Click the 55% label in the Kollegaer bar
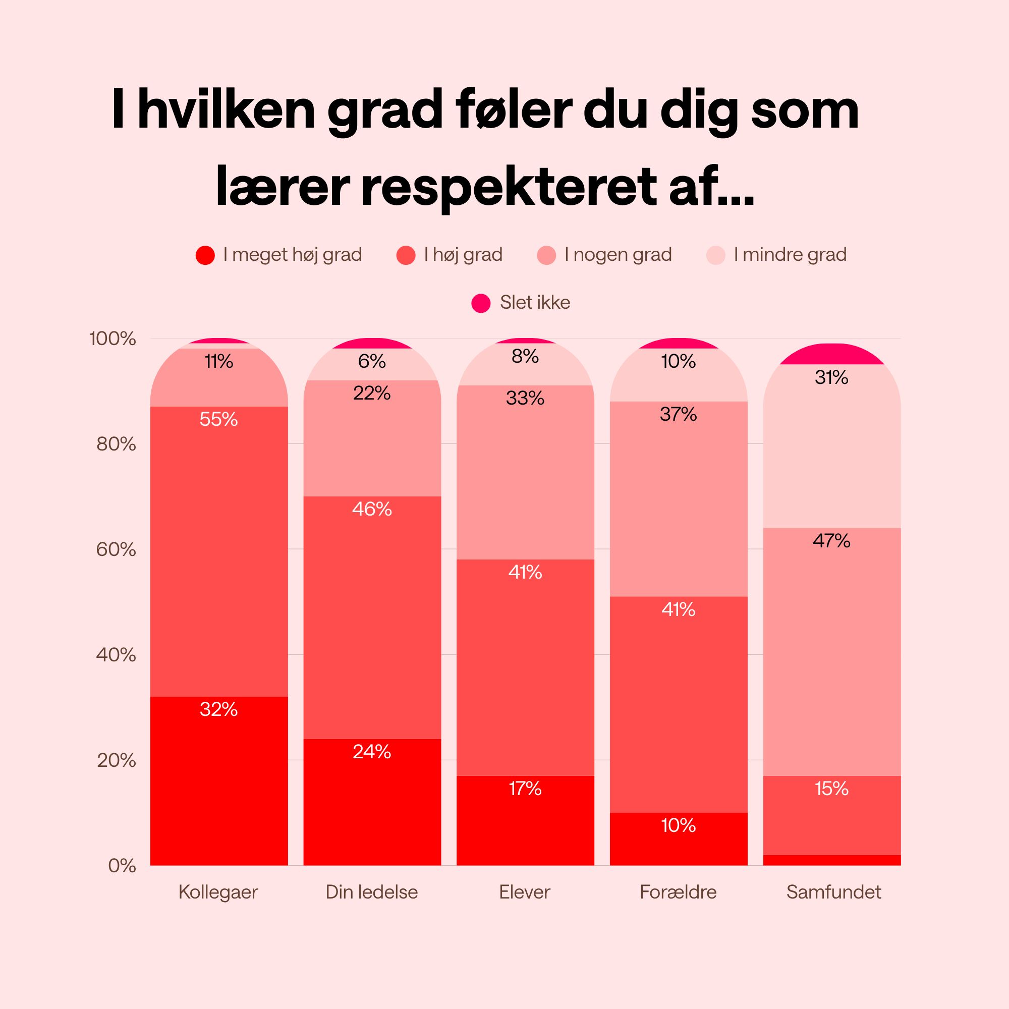coord(218,419)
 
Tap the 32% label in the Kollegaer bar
coord(218,709)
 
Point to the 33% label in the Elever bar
coord(525,399)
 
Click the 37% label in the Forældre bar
coord(678,414)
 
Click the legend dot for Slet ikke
coord(480,303)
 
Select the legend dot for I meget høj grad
coord(205,255)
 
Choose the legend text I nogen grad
coord(618,255)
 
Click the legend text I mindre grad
coord(790,255)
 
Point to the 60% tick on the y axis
coord(116,549)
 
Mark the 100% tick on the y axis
coord(113,339)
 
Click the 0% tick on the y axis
coord(122,866)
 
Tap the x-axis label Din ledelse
coord(371,892)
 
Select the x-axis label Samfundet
coord(833,892)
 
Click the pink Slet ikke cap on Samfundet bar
coord(831,354)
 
